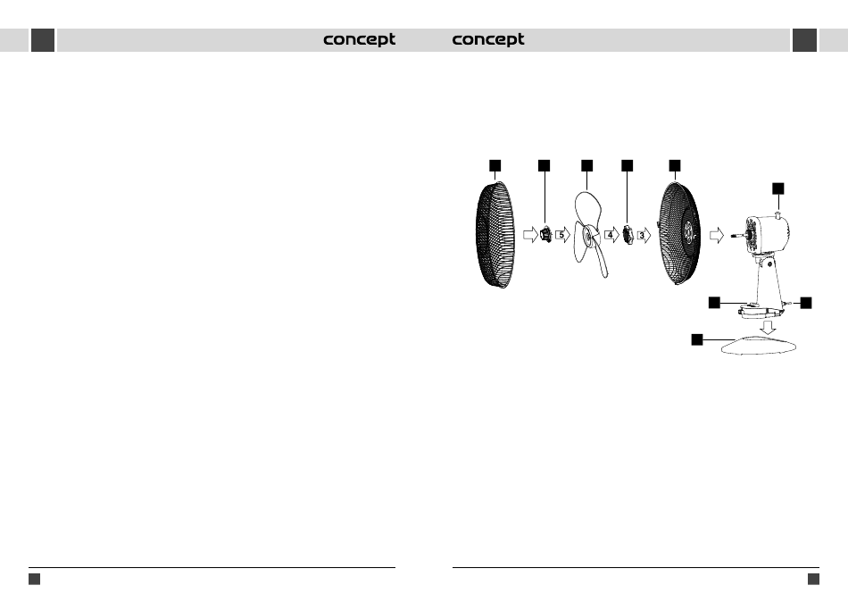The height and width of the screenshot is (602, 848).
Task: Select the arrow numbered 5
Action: tap(562, 235)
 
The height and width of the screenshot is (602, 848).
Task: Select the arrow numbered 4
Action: tap(611, 235)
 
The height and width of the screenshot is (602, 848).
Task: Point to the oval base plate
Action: tap(760, 347)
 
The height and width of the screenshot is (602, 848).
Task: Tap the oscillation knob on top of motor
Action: tap(779, 216)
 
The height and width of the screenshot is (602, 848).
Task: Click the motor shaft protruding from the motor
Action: tap(736, 237)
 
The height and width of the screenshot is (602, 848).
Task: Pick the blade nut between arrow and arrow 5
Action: tap(545, 236)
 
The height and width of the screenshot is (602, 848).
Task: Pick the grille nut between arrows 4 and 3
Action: tap(628, 236)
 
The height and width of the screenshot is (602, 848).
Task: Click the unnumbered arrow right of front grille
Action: tap(530, 235)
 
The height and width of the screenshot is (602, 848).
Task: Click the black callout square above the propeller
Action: tap(586, 165)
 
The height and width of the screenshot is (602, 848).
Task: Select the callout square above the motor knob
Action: tap(778, 188)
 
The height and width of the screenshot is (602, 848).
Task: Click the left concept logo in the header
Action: tap(359, 40)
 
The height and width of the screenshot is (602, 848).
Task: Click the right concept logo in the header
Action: tap(488, 40)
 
